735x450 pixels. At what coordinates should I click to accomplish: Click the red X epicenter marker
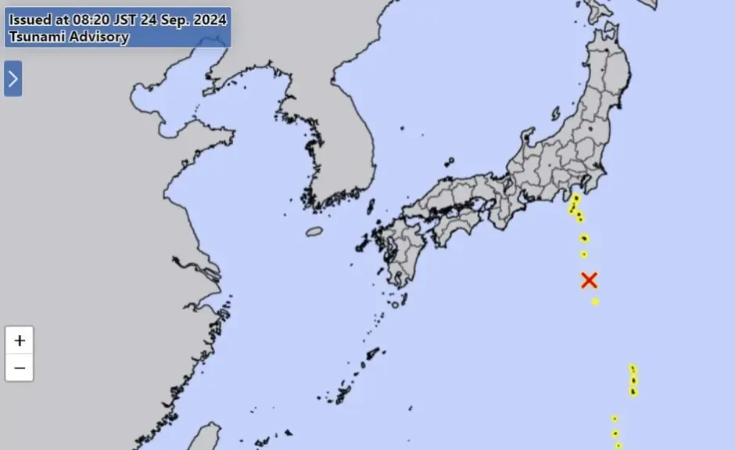coord(590,280)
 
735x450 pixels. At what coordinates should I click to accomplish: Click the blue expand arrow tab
coord(13,78)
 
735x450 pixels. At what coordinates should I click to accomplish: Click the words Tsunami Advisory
coord(69,37)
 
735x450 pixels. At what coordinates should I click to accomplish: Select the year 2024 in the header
coord(211,20)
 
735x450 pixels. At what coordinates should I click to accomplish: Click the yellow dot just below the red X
coord(595,301)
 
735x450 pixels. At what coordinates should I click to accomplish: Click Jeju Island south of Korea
coord(314,232)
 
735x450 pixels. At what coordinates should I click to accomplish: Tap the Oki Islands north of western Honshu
coord(450,163)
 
